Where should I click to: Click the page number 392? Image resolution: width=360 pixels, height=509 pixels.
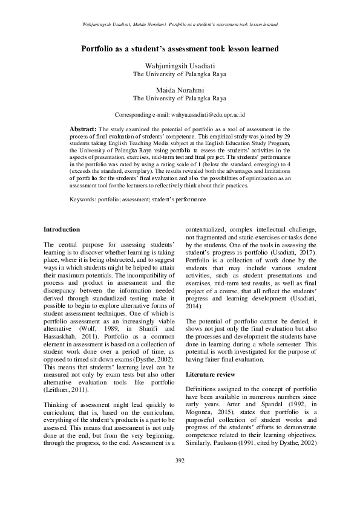(x=180, y=478)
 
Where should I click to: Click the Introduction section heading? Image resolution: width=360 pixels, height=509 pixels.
(x=62, y=229)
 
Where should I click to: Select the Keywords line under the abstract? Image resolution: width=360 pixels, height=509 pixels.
(x=137, y=199)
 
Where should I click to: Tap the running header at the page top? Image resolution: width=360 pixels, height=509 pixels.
(x=180, y=25)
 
